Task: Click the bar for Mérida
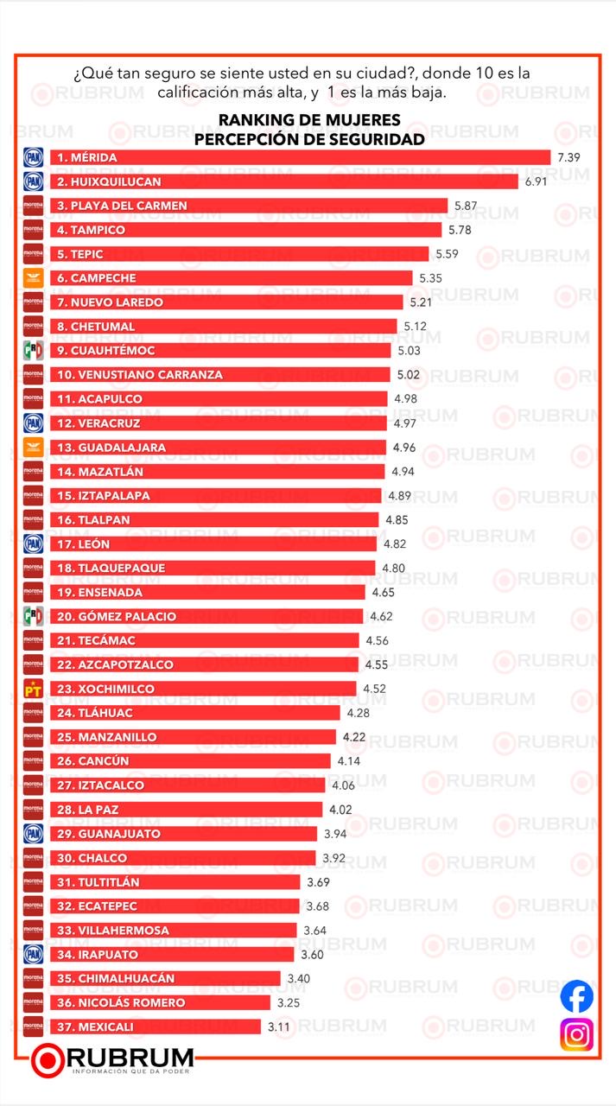pyautogui.click(x=298, y=157)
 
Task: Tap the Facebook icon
pyautogui.click(x=576, y=996)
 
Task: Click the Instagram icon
pyautogui.click(x=576, y=1034)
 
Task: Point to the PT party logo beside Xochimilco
pyautogui.click(x=32, y=690)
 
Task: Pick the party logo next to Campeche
pyautogui.click(x=32, y=278)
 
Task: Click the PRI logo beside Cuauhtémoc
pyautogui.click(x=32, y=351)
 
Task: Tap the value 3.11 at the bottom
pyautogui.click(x=278, y=1027)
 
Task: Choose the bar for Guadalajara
pyautogui.click(x=216, y=448)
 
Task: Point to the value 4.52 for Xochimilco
pyautogui.click(x=374, y=690)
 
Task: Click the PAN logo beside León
pyautogui.click(x=32, y=544)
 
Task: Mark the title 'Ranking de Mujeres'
pyautogui.click(x=308, y=120)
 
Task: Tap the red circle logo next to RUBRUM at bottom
pyautogui.click(x=48, y=1060)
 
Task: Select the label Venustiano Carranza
pyautogui.click(x=139, y=375)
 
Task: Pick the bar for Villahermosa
pyautogui.click(x=173, y=931)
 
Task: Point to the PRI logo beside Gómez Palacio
pyautogui.click(x=32, y=617)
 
